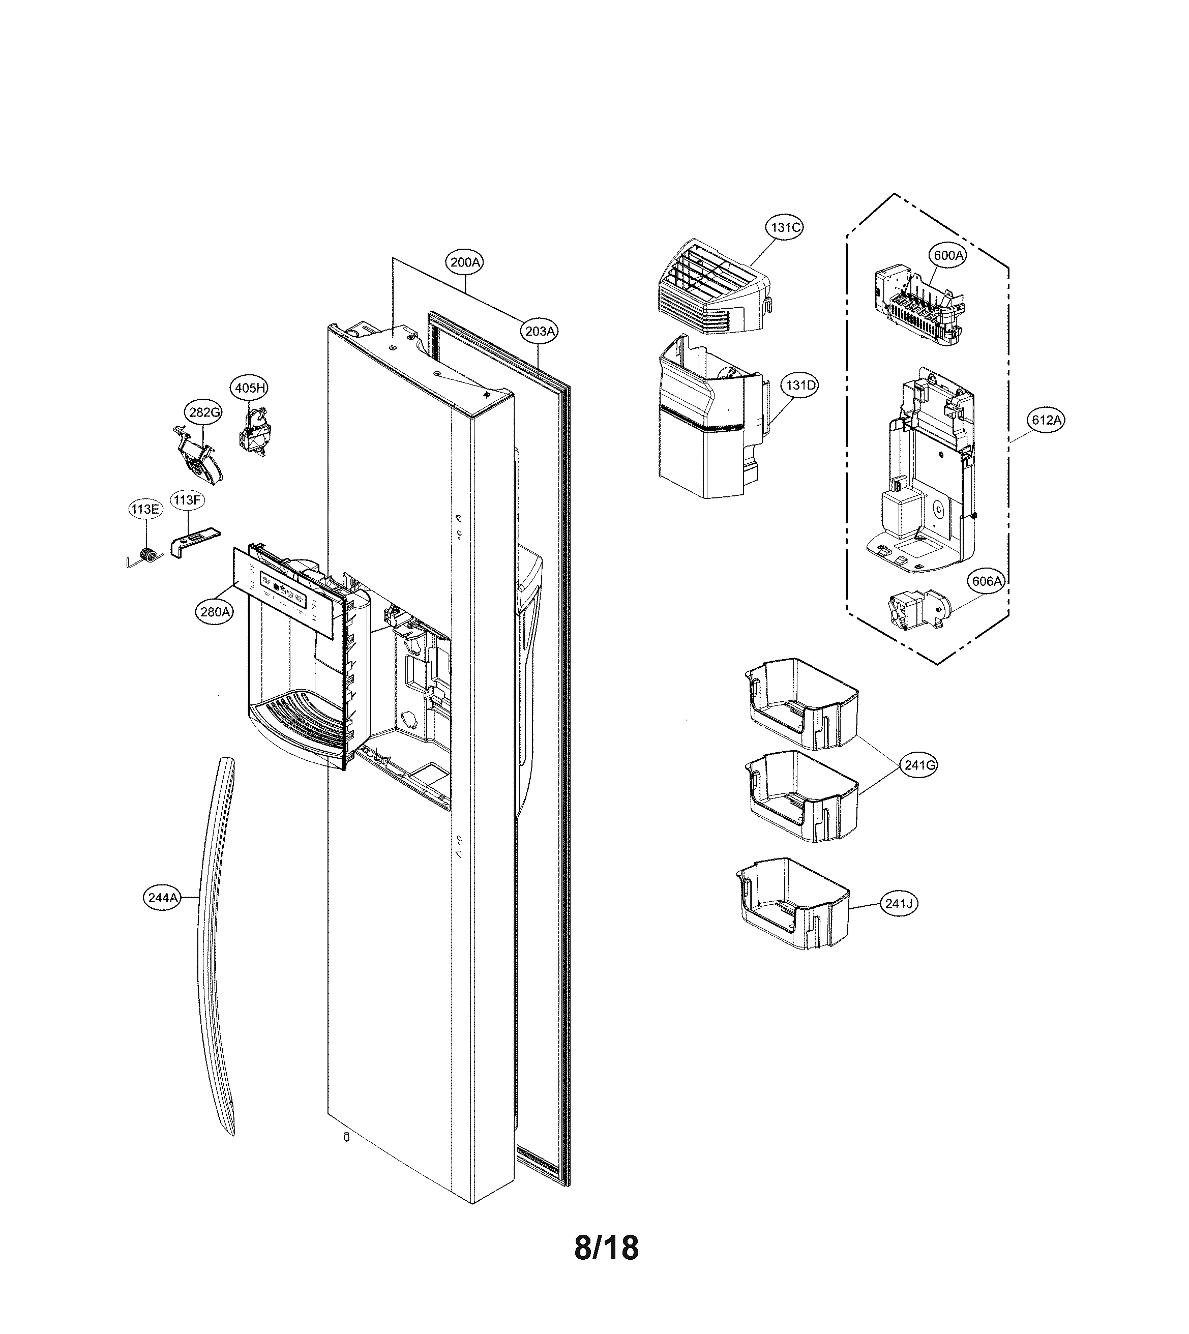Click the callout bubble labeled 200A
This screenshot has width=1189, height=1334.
pos(465,262)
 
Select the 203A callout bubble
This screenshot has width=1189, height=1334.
pos(540,331)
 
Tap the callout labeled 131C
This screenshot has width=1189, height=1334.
pos(784,227)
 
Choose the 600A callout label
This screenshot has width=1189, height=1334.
pos(948,255)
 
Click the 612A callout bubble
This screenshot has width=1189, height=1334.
pos(1046,420)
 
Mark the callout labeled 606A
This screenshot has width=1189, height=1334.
pos(987,581)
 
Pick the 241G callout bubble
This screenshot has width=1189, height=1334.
pos(919,764)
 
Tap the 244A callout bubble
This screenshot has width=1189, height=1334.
pos(163,898)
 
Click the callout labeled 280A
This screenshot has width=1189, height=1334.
pos(215,612)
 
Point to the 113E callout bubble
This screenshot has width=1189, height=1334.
pos(144,509)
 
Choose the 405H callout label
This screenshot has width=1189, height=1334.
pos(250,388)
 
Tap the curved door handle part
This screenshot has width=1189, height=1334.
pos(215,947)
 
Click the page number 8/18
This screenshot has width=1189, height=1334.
pos(606,1247)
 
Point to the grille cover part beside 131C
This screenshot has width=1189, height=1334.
pos(712,288)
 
